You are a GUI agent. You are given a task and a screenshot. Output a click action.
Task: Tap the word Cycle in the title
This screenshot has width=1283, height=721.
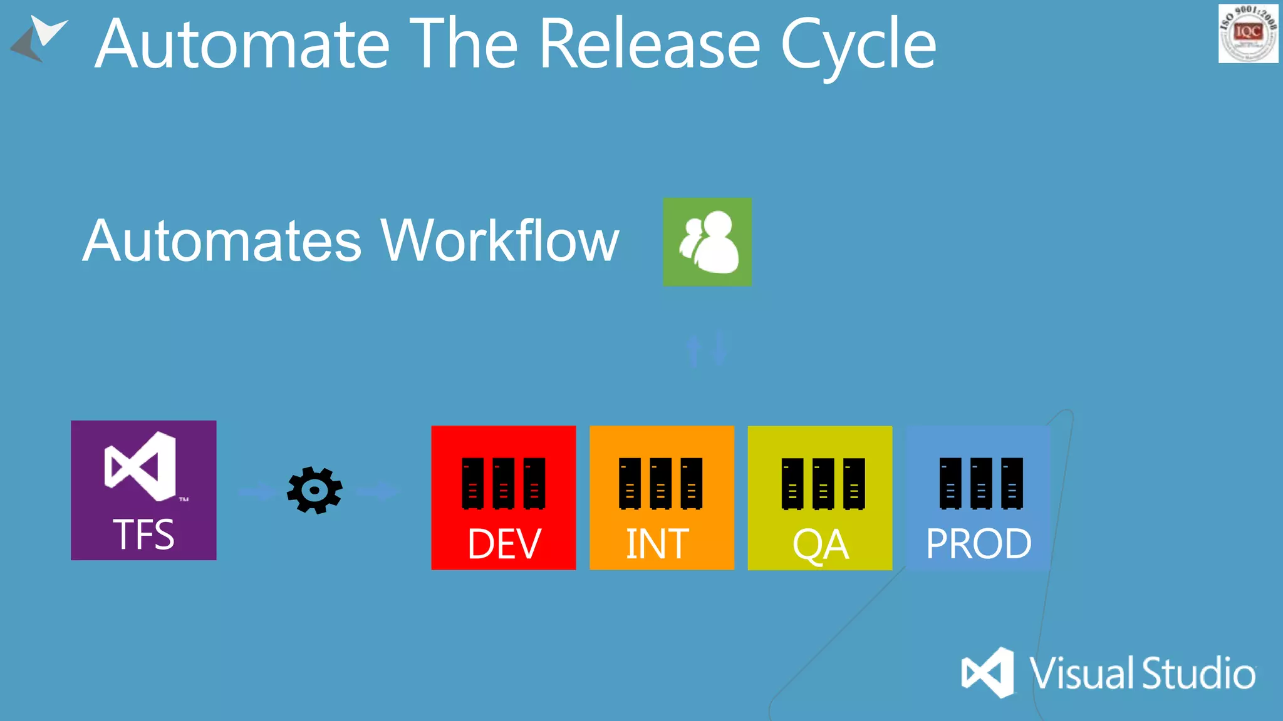858,45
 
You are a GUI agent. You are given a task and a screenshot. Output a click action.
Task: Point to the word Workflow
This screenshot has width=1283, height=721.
500,241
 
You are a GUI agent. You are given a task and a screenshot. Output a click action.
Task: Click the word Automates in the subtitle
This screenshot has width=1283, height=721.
222,241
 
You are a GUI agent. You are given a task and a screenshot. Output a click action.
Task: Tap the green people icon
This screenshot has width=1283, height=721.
707,242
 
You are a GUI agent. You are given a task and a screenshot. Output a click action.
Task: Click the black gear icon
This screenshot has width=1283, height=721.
314,490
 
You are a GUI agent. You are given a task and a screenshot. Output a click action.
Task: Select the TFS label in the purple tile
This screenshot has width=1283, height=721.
143,534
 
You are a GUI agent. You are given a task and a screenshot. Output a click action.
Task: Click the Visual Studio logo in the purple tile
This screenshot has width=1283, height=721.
141,466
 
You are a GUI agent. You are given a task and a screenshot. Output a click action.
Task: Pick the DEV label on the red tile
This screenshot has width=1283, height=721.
504,543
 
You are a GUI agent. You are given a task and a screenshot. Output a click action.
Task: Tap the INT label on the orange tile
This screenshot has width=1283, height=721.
658,543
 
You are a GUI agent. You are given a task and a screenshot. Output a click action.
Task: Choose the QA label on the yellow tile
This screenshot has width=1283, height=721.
820,545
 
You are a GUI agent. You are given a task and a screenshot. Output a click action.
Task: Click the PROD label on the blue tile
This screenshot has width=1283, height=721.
979,543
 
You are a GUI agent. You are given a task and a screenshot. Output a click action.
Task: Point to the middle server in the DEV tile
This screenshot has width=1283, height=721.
503,483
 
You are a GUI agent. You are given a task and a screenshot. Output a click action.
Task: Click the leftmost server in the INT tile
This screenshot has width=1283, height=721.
630,483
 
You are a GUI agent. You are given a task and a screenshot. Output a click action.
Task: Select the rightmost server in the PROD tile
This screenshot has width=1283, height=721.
1012,483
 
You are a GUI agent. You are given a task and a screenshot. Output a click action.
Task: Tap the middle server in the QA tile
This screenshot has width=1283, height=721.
823,483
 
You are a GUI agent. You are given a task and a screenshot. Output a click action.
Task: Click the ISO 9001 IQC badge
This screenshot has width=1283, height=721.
1248,33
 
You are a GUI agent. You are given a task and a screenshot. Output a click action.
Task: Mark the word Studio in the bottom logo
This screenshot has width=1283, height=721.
1198,673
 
